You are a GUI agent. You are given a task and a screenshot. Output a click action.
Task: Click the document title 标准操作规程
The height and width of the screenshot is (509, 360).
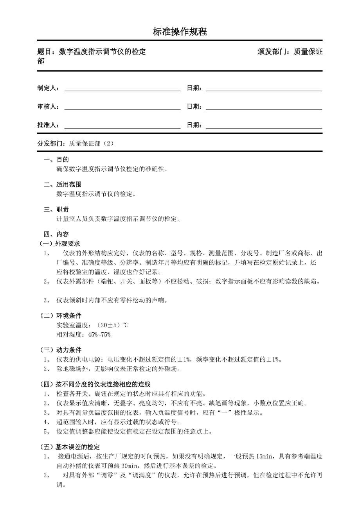[x=180, y=32]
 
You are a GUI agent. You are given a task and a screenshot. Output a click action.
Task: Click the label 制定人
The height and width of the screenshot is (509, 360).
[x=47, y=88]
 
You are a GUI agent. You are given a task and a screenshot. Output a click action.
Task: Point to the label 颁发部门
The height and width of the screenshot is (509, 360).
[x=273, y=52]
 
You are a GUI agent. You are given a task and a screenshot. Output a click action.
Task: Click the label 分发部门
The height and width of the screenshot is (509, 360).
[x=51, y=143]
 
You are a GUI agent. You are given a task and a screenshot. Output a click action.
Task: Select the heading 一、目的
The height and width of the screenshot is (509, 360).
[x=56, y=160]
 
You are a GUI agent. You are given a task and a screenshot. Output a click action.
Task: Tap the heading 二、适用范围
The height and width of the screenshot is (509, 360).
[x=63, y=185]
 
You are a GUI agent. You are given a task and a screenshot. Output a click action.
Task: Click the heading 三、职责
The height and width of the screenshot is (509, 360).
[x=56, y=210]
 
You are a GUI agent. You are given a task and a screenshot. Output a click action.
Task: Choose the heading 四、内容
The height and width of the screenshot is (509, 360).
[x=56, y=235]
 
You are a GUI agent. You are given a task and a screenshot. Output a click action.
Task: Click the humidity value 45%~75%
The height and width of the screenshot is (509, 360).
[x=99, y=335]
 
